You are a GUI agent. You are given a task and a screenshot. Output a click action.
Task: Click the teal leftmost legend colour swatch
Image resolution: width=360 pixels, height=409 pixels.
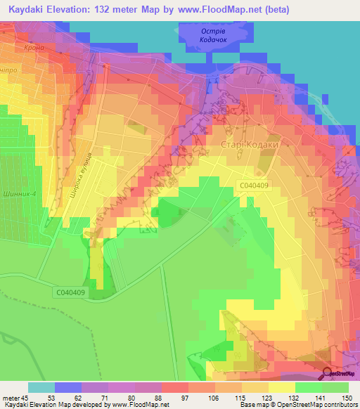pos(41,387)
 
